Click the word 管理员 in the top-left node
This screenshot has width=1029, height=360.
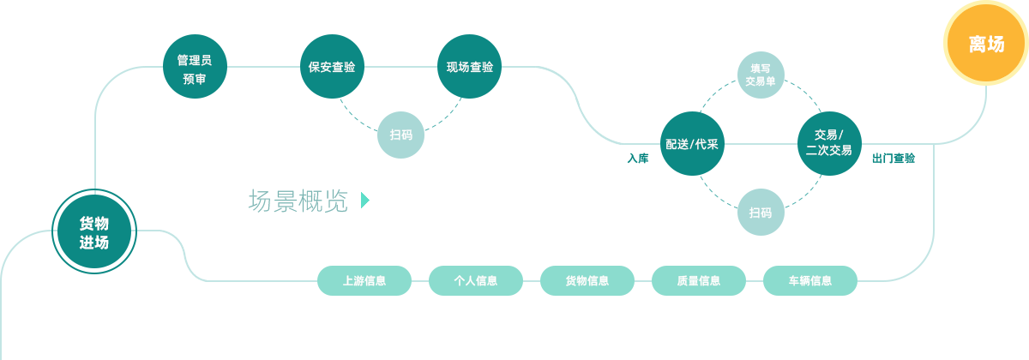[x=195, y=60]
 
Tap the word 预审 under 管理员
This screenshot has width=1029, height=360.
[x=195, y=79]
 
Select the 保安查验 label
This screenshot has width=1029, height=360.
[x=332, y=67]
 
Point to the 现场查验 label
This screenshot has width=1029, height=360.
[x=470, y=67]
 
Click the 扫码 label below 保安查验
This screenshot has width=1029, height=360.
[x=400, y=135]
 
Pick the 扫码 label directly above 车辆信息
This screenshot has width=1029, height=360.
[x=760, y=213]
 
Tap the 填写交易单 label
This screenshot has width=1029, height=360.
[x=760, y=75]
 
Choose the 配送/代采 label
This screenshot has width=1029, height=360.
[x=692, y=144]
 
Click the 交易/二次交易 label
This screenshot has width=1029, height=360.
[x=828, y=142]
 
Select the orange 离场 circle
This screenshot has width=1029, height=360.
[x=986, y=44]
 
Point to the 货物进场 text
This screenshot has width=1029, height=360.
[x=93, y=232]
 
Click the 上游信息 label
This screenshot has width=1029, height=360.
[x=364, y=280]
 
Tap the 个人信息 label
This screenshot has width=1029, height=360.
[x=476, y=280]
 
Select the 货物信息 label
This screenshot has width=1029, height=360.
[x=587, y=280]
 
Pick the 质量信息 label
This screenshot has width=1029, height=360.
[x=699, y=280]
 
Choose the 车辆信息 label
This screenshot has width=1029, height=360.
[x=810, y=280]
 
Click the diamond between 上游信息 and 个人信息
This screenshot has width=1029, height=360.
[x=420, y=280]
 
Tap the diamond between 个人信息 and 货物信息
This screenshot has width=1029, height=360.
[x=532, y=280]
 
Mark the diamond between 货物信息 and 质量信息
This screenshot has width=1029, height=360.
[x=643, y=280]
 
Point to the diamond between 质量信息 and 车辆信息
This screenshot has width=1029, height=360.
[x=755, y=280]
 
